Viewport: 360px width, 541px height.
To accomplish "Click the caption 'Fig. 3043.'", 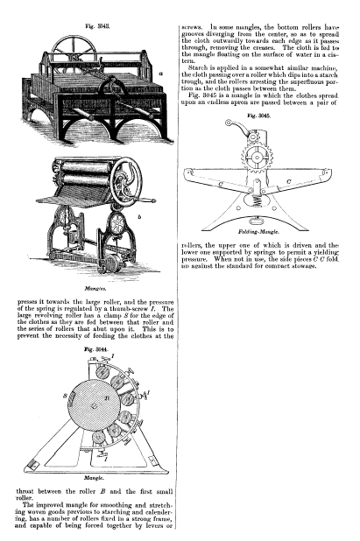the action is click(x=98, y=26).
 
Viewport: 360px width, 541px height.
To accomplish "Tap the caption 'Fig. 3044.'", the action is click(x=96, y=349).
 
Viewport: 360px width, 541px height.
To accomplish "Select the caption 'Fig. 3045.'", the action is click(x=259, y=116).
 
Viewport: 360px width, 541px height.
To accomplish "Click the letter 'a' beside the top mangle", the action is click(x=161, y=74).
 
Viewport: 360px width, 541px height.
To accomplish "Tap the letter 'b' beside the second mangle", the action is click(x=139, y=217).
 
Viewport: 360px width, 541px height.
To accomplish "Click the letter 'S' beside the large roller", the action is click(x=65, y=396).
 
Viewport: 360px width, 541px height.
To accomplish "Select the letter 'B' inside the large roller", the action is click(x=107, y=397).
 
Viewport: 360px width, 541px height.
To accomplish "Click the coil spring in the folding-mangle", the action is click(x=258, y=201).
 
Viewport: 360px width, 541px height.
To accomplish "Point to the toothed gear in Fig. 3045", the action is click(x=258, y=158).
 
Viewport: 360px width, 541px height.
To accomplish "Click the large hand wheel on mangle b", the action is click(x=126, y=182).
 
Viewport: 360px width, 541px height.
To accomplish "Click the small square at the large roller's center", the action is click(x=92, y=406).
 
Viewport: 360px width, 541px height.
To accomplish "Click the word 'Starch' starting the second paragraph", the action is click(x=197, y=68).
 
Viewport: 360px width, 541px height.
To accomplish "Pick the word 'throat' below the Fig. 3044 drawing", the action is click(x=25, y=491).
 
